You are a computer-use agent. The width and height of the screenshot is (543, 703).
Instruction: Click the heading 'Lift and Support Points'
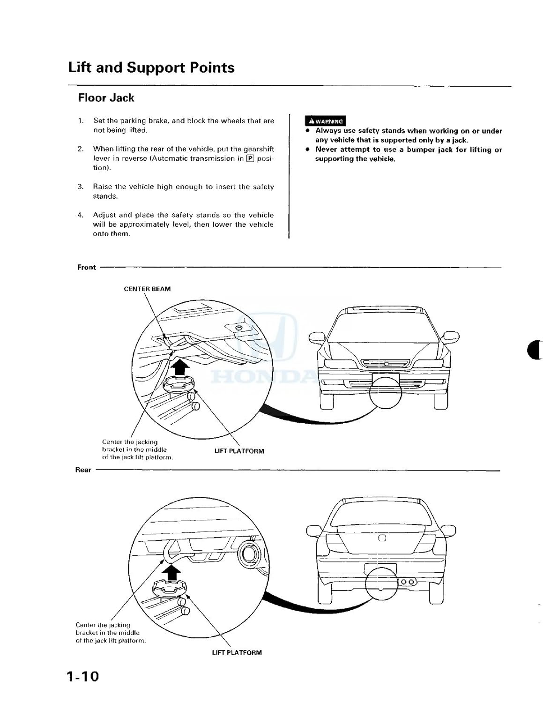tap(151, 67)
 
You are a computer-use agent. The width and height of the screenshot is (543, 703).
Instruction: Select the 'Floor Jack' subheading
tap(106, 98)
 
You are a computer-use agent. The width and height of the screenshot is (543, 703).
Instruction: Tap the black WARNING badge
tap(325, 121)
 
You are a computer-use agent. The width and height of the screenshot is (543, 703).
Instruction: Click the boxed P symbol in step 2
tap(250, 158)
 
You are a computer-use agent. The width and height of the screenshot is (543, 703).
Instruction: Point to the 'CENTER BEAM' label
tap(147, 289)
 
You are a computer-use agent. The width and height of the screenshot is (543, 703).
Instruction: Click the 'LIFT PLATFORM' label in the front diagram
tap(239, 451)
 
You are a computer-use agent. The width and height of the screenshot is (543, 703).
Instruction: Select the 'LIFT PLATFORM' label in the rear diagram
tap(237, 652)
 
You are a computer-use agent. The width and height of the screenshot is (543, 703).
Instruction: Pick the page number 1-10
tap(82, 676)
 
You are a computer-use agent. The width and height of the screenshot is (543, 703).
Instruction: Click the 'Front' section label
tap(86, 267)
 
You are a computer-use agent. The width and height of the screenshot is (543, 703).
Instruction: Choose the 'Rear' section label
tap(83, 470)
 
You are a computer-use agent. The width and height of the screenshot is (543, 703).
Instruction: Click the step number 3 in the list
tap(81, 187)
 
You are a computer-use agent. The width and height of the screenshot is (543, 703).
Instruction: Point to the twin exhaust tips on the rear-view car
tap(407, 582)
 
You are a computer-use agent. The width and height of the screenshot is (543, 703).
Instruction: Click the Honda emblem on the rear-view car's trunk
tap(382, 538)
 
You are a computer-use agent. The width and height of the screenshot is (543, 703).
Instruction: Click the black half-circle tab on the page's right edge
tap(534, 350)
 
